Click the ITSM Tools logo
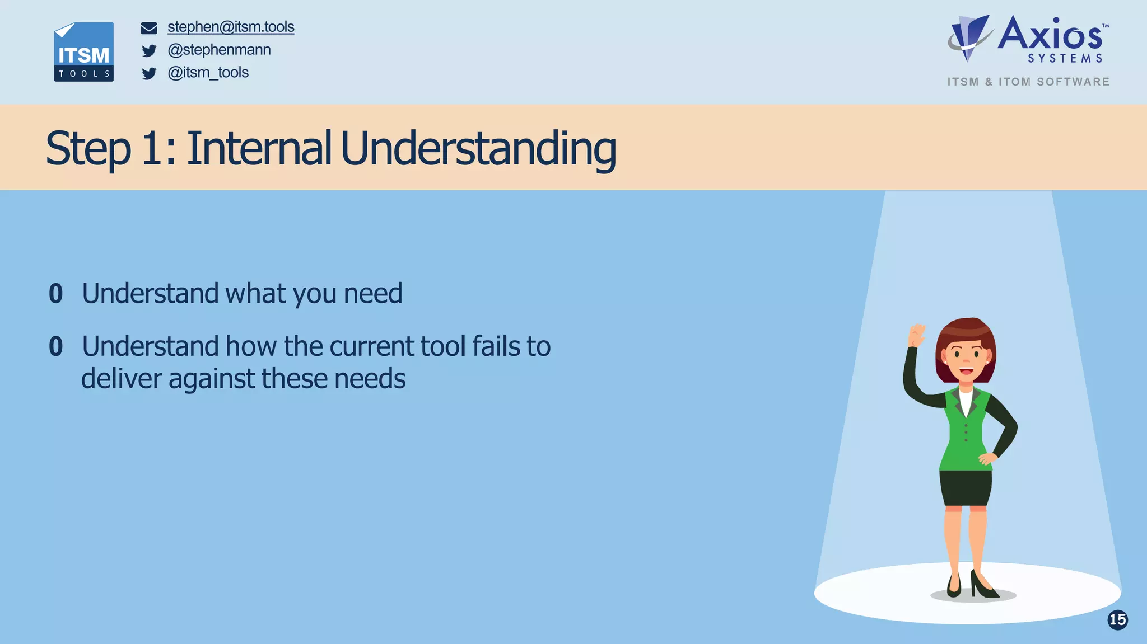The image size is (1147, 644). click(83, 52)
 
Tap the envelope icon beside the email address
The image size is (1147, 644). click(149, 28)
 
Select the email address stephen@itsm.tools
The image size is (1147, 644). click(231, 27)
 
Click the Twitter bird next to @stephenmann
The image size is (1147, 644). click(149, 51)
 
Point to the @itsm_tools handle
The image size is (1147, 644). click(208, 73)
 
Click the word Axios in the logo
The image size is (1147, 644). click(1050, 35)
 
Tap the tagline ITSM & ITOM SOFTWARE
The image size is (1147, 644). click(1028, 82)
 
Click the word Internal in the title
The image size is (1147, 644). click(259, 148)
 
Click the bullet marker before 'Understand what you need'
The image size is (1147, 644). click(55, 294)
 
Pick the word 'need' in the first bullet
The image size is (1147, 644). click(372, 294)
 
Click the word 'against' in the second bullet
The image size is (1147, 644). click(212, 379)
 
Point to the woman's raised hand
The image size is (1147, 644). click(916, 335)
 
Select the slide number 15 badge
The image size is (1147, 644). click(1117, 619)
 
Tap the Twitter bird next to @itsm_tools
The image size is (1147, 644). click(149, 74)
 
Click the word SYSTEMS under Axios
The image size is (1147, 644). click(1065, 59)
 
